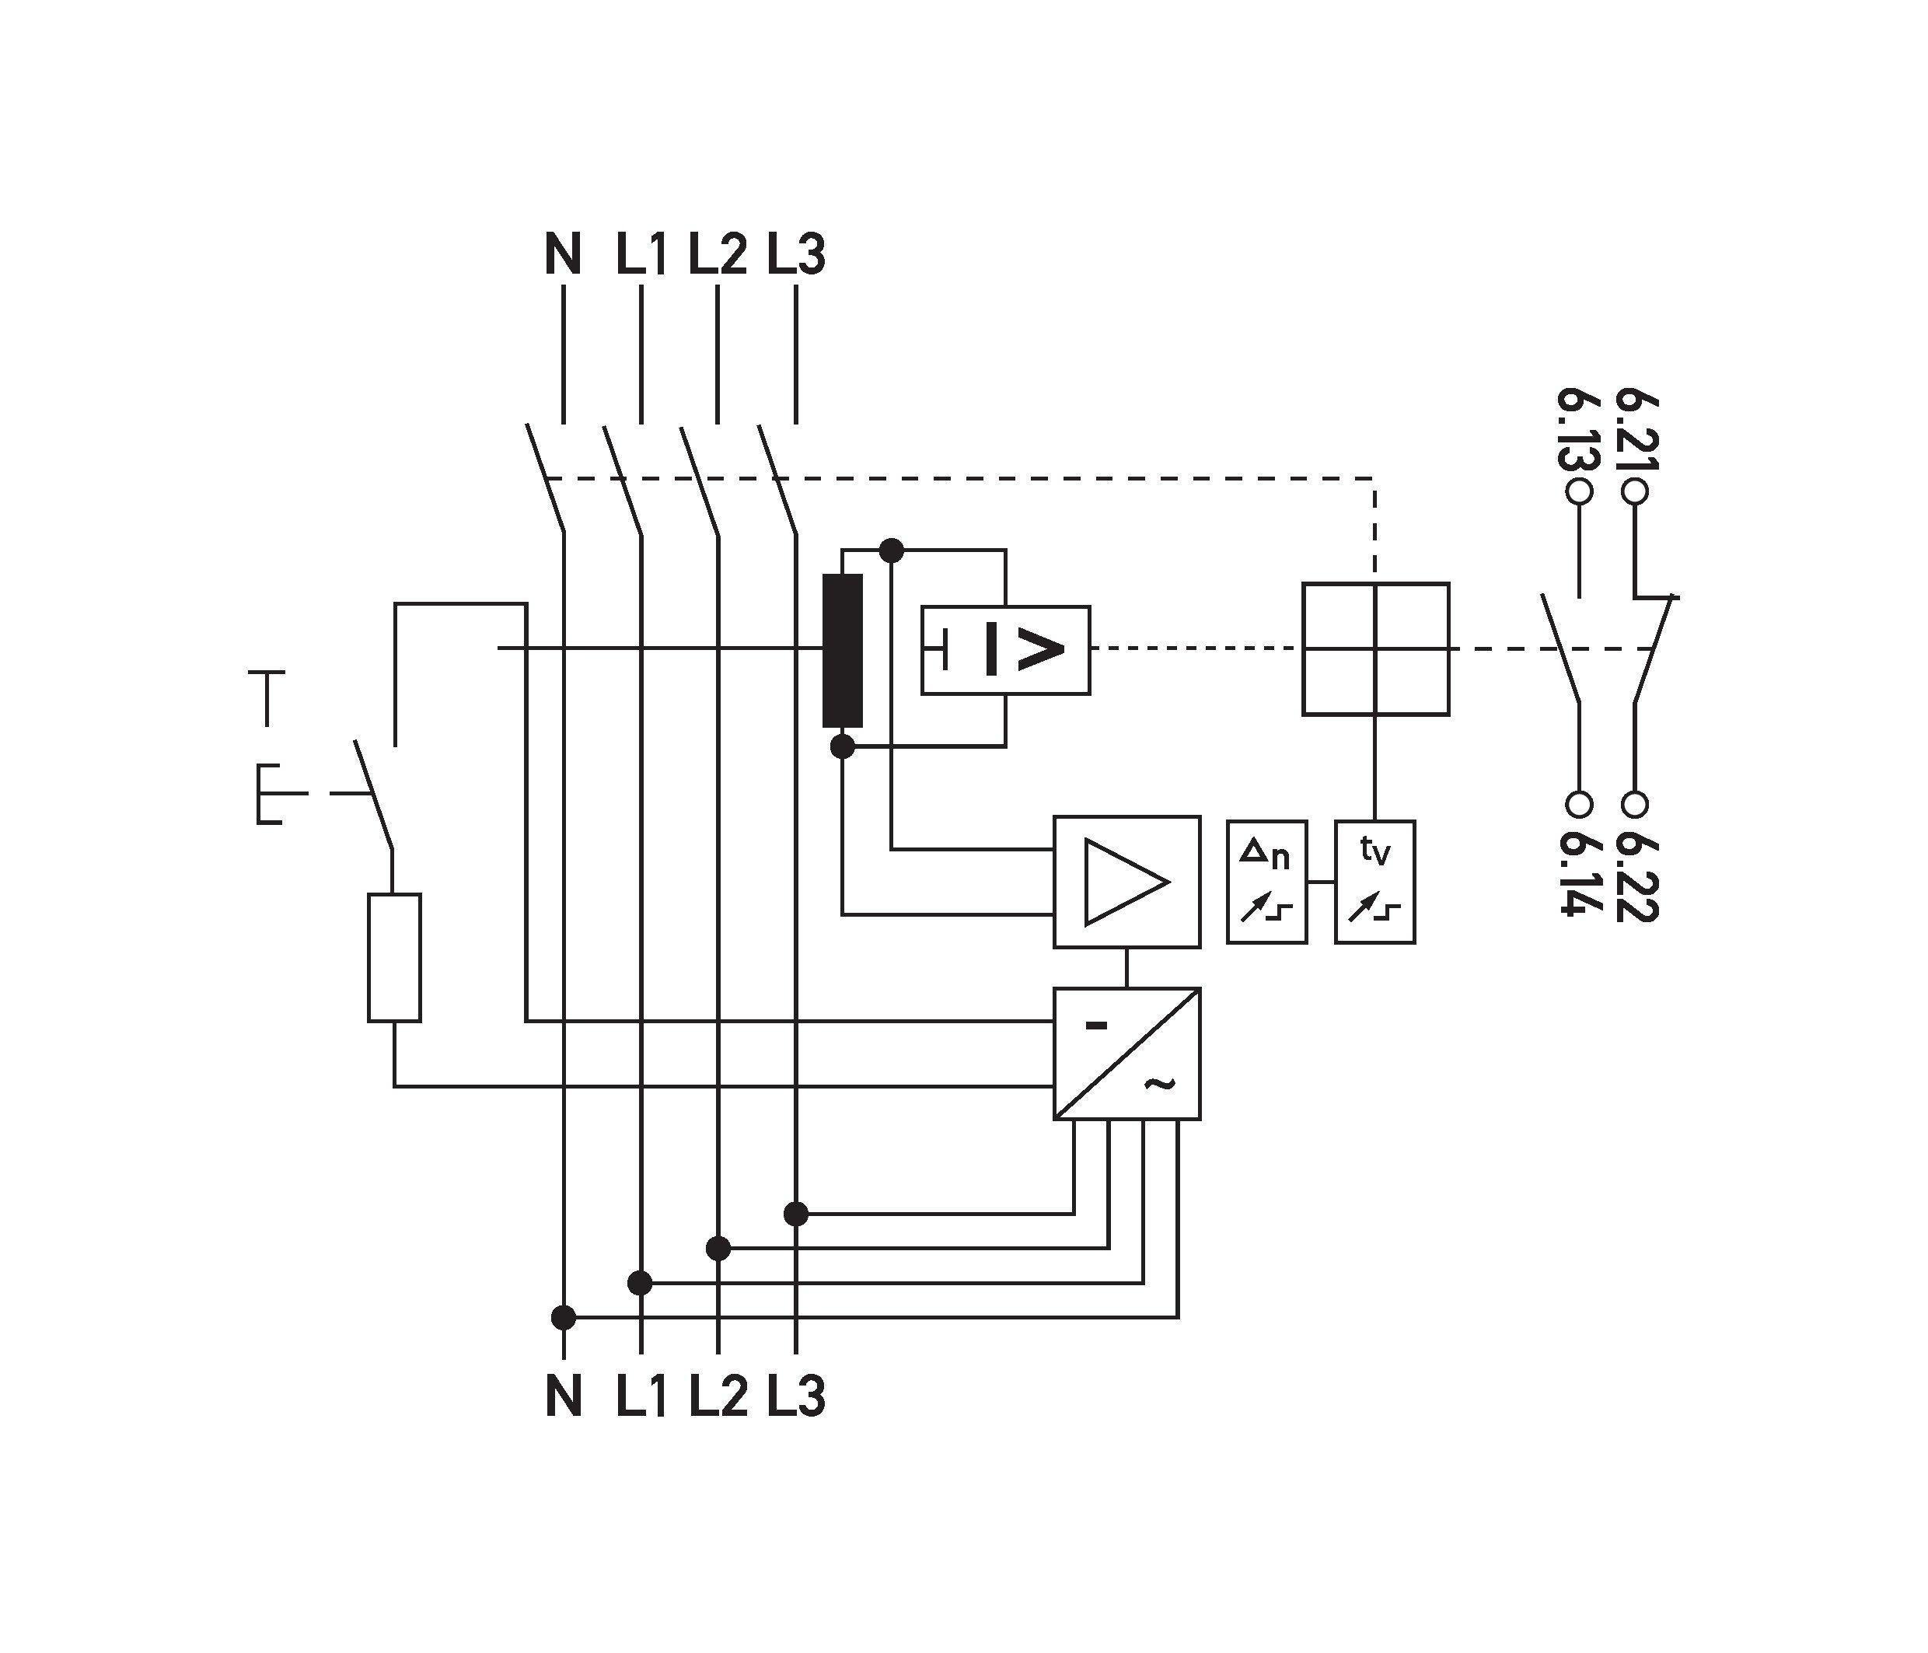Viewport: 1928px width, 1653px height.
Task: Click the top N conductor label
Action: [x=563, y=254]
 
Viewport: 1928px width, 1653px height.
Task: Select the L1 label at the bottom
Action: [x=641, y=1396]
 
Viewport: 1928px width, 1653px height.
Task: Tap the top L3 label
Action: [x=797, y=254]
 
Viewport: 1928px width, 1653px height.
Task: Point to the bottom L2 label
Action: [x=718, y=1396]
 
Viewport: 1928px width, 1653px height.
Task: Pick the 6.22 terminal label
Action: [x=1636, y=874]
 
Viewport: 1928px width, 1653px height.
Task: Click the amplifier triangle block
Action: [x=1126, y=882]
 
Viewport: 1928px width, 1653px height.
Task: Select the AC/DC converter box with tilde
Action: [x=1126, y=1053]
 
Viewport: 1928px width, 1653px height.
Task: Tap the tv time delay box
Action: [x=1374, y=882]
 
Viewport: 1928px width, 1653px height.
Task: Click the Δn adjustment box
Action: [x=1266, y=882]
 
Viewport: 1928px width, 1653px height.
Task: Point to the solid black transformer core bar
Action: [x=842, y=650]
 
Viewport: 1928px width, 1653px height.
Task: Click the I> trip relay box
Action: [x=1005, y=650]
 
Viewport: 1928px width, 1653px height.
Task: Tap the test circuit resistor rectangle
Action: [x=393, y=957]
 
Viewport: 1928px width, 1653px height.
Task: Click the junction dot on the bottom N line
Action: [x=563, y=1317]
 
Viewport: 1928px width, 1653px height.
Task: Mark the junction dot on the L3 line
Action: [x=795, y=1214]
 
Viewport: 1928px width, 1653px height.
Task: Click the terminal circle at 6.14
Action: [x=1579, y=803]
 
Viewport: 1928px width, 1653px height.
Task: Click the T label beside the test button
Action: [x=267, y=696]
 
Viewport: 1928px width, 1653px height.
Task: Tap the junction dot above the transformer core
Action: [x=892, y=551]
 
